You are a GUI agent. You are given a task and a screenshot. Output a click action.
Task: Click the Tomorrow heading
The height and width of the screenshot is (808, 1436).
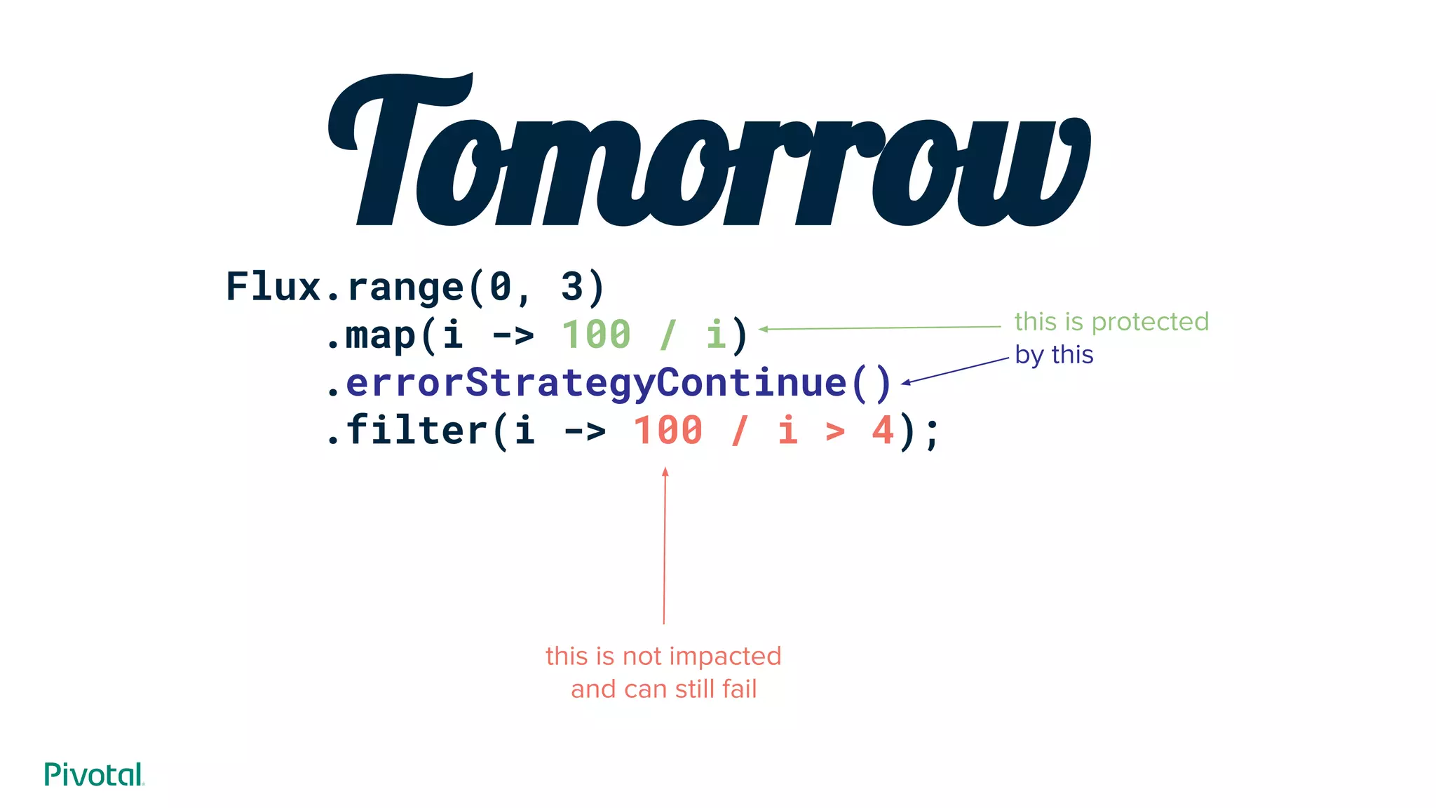(x=708, y=151)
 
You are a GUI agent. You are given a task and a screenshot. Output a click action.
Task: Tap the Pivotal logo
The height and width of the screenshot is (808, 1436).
(x=93, y=774)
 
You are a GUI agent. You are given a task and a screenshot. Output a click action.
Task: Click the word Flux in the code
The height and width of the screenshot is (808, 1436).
(x=273, y=287)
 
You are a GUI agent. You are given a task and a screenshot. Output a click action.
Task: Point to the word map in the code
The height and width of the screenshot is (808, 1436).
(x=381, y=335)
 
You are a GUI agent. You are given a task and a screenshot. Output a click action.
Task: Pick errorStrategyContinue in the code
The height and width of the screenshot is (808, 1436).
(x=596, y=382)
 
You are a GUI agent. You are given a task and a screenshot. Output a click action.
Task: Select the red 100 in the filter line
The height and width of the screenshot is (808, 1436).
(x=668, y=430)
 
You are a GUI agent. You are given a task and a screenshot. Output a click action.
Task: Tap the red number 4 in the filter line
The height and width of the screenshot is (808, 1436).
(x=883, y=430)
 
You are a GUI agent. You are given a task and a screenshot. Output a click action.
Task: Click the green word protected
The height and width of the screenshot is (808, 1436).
(x=1150, y=322)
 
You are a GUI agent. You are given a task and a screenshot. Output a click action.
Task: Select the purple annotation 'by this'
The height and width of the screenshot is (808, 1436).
(x=1054, y=355)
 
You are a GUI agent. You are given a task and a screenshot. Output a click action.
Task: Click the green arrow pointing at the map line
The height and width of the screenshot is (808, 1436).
(x=880, y=328)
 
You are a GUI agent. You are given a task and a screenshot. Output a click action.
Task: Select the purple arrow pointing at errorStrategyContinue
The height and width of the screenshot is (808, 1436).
(x=955, y=370)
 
